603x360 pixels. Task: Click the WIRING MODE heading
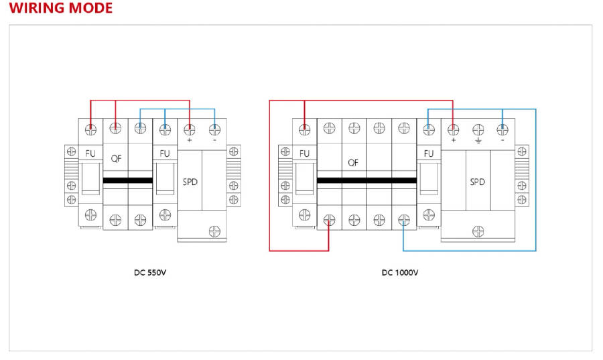61,9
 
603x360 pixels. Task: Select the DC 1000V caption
400,273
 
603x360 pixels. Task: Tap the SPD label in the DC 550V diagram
190,182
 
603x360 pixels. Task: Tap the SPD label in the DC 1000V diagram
477,182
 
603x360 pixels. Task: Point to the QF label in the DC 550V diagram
115,159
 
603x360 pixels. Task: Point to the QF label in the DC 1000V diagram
354,162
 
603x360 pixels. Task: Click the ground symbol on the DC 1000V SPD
478,141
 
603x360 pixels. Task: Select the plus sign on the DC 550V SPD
190,141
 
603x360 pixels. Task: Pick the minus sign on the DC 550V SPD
214,141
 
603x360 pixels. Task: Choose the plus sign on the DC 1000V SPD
454,141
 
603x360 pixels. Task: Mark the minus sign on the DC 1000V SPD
502,141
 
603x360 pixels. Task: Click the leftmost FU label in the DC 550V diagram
90,154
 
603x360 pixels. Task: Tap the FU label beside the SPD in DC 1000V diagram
429,154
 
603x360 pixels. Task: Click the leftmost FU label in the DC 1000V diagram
305,154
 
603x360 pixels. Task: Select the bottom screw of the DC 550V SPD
215,231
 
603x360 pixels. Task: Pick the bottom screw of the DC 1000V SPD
478,231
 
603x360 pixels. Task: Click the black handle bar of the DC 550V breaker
129,181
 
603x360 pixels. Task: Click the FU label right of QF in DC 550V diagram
165,154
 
